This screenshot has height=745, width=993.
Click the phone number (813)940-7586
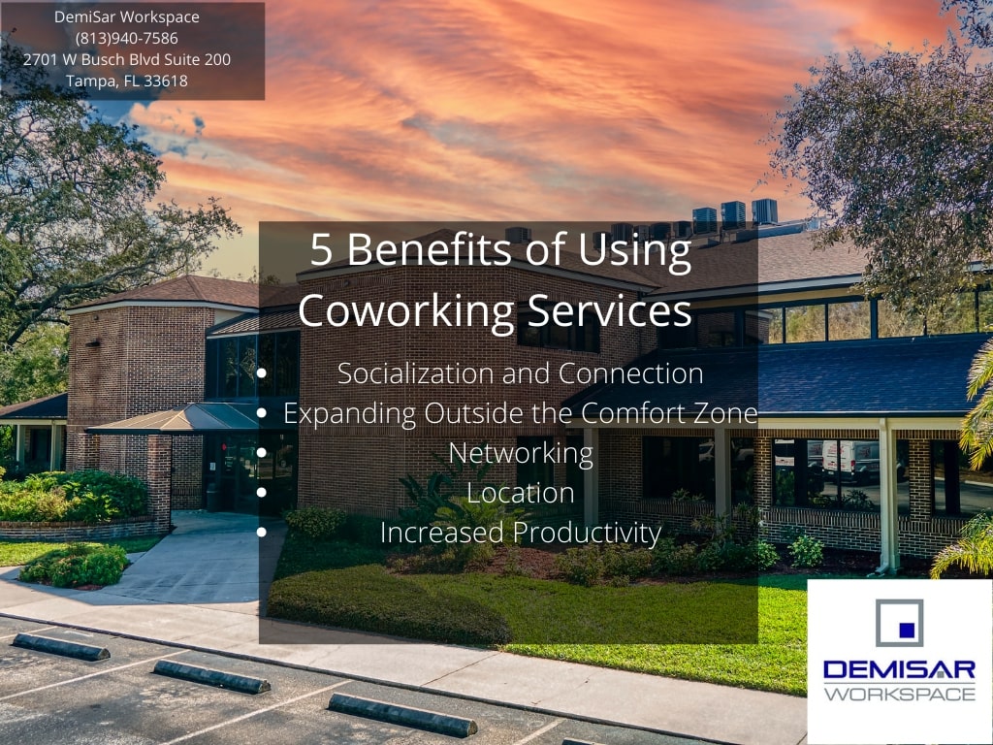[127, 39]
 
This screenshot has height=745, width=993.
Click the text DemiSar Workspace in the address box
[127, 17]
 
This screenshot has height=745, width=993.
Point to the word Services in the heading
[609, 310]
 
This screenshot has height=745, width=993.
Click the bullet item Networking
[521, 453]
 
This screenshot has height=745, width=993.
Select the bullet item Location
[521, 493]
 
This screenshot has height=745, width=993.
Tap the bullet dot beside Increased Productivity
[262, 533]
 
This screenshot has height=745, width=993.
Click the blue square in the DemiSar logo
[907, 630]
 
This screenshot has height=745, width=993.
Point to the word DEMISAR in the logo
[899, 669]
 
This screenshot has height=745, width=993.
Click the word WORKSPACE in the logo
[899, 694]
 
